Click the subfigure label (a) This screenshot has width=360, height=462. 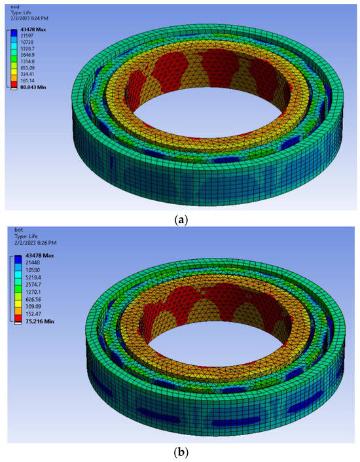point(179,221)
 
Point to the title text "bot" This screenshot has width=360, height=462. point(11,240)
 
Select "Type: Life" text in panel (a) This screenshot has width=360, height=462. point(20,12)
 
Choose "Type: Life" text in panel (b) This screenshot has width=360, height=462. point(20,247)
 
